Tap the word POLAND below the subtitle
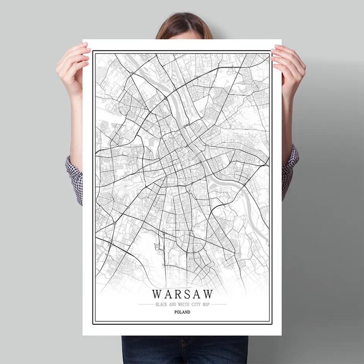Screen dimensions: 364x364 [x=182, y=312]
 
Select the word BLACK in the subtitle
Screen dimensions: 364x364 [x=161, y=304]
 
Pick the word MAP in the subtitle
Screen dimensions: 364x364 [x=205, y=304]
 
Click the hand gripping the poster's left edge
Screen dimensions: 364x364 [x=72, y=68]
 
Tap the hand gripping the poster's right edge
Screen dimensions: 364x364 [x=290, y=68]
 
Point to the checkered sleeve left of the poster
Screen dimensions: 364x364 [x=75, y=178]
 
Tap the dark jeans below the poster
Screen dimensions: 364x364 [x=185, y=349]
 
